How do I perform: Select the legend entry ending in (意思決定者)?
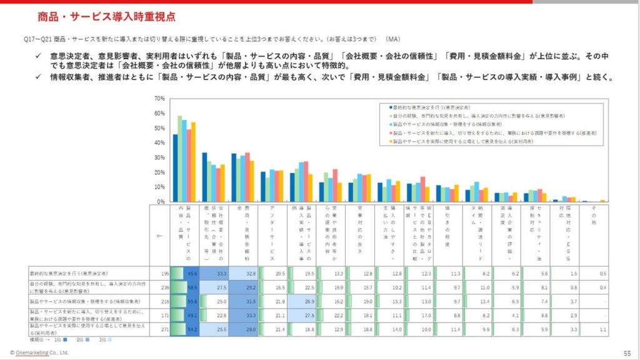pyautogui.click(x=431, y=107)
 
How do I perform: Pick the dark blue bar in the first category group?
pyautogui.click(x=175, y=168)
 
